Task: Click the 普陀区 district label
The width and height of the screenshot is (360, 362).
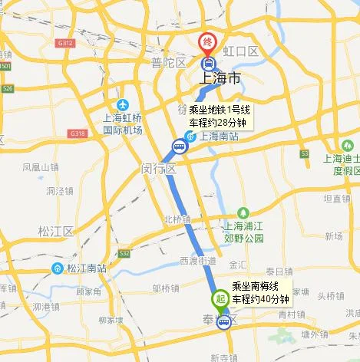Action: point(169,62)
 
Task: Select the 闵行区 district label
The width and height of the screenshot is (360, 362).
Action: point(159,168)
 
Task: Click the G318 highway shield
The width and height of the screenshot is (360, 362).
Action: point(78,133)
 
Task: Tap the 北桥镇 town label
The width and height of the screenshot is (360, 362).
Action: point(176,219)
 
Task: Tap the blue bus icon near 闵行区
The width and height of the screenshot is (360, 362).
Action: point(179,143)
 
